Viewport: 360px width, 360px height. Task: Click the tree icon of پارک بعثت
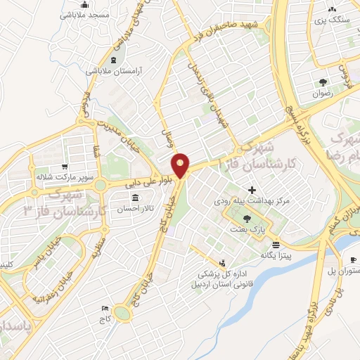pos(245,219)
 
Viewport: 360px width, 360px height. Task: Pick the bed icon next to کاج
pos(105,309)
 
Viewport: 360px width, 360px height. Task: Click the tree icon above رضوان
pos(323,81)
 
